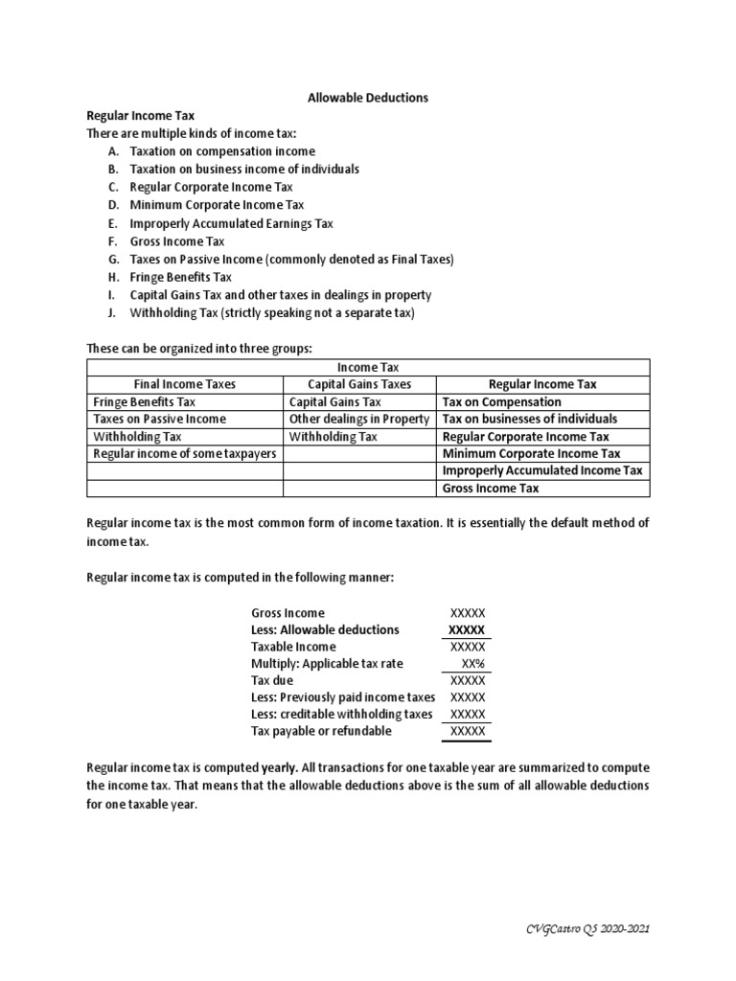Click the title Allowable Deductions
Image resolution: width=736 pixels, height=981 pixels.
367,98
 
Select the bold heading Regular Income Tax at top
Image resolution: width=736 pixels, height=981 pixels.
141,115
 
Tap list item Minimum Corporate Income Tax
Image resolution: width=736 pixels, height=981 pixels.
217,205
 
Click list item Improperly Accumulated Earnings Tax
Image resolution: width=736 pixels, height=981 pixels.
231,223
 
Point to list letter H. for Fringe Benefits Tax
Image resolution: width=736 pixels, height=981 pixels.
114,277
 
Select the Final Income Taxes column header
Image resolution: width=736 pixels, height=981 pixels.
184,384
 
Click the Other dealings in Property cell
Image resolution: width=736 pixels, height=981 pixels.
359,420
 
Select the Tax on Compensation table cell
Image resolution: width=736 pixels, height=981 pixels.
501,402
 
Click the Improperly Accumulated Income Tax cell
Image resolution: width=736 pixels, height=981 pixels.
542,471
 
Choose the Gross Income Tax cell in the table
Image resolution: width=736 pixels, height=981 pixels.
490,489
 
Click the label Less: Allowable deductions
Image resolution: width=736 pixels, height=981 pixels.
325,629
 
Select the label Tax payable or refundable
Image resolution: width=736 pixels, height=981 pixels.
321,732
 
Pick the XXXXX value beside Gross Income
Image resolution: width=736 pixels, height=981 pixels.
468,613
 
